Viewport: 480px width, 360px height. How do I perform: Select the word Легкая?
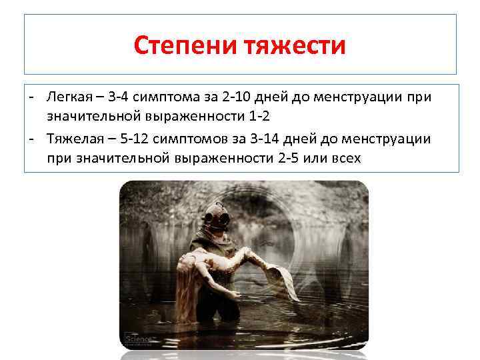69,97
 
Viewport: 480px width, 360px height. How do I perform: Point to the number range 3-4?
122,97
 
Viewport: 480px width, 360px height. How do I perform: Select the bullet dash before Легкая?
31,97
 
